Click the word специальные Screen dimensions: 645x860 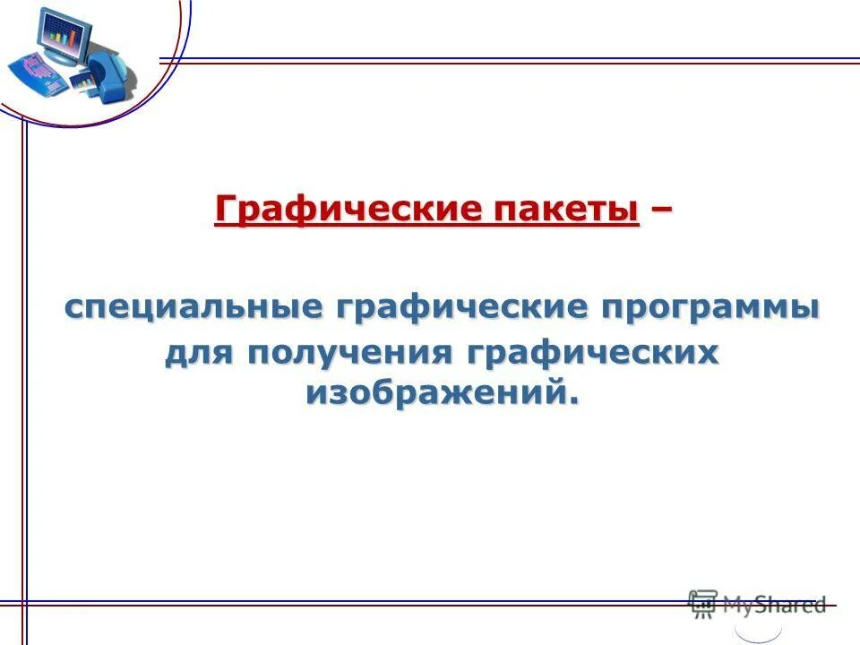192,307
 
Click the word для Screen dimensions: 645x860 200,352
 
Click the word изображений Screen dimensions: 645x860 434,391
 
